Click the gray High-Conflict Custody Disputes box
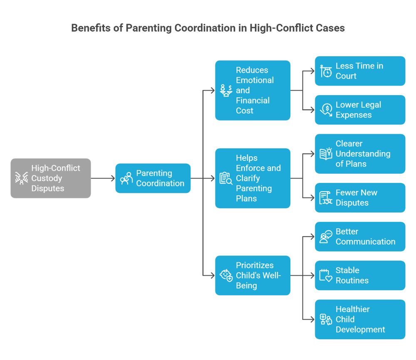click(x=50, y=178)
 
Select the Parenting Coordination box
click(x=153, y=178)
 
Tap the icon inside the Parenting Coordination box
click(x=126, y=178)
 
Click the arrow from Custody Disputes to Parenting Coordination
click(x=103, y=178)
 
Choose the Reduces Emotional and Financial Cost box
click(x=253, y=90)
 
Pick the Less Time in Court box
click(x=360, y=71)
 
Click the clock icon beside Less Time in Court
click(x=326, y=71)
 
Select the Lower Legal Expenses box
click(x=360, y=110)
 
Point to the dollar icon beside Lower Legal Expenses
click(x=326, y=110)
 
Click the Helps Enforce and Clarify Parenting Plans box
click(x=253, y=178)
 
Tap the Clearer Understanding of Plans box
click(x=360, y=154)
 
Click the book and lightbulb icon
click(x=326, y=153)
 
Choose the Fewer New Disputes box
click(x=360, y=198)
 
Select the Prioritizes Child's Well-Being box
click(x=253, y=275)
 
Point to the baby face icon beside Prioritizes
click(x=226, y=275)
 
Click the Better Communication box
click(x=360, y=237)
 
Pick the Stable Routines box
click(x=360, y=275)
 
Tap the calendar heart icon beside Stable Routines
click(x=326, y=276)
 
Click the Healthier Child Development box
click(x=360, y=319)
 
